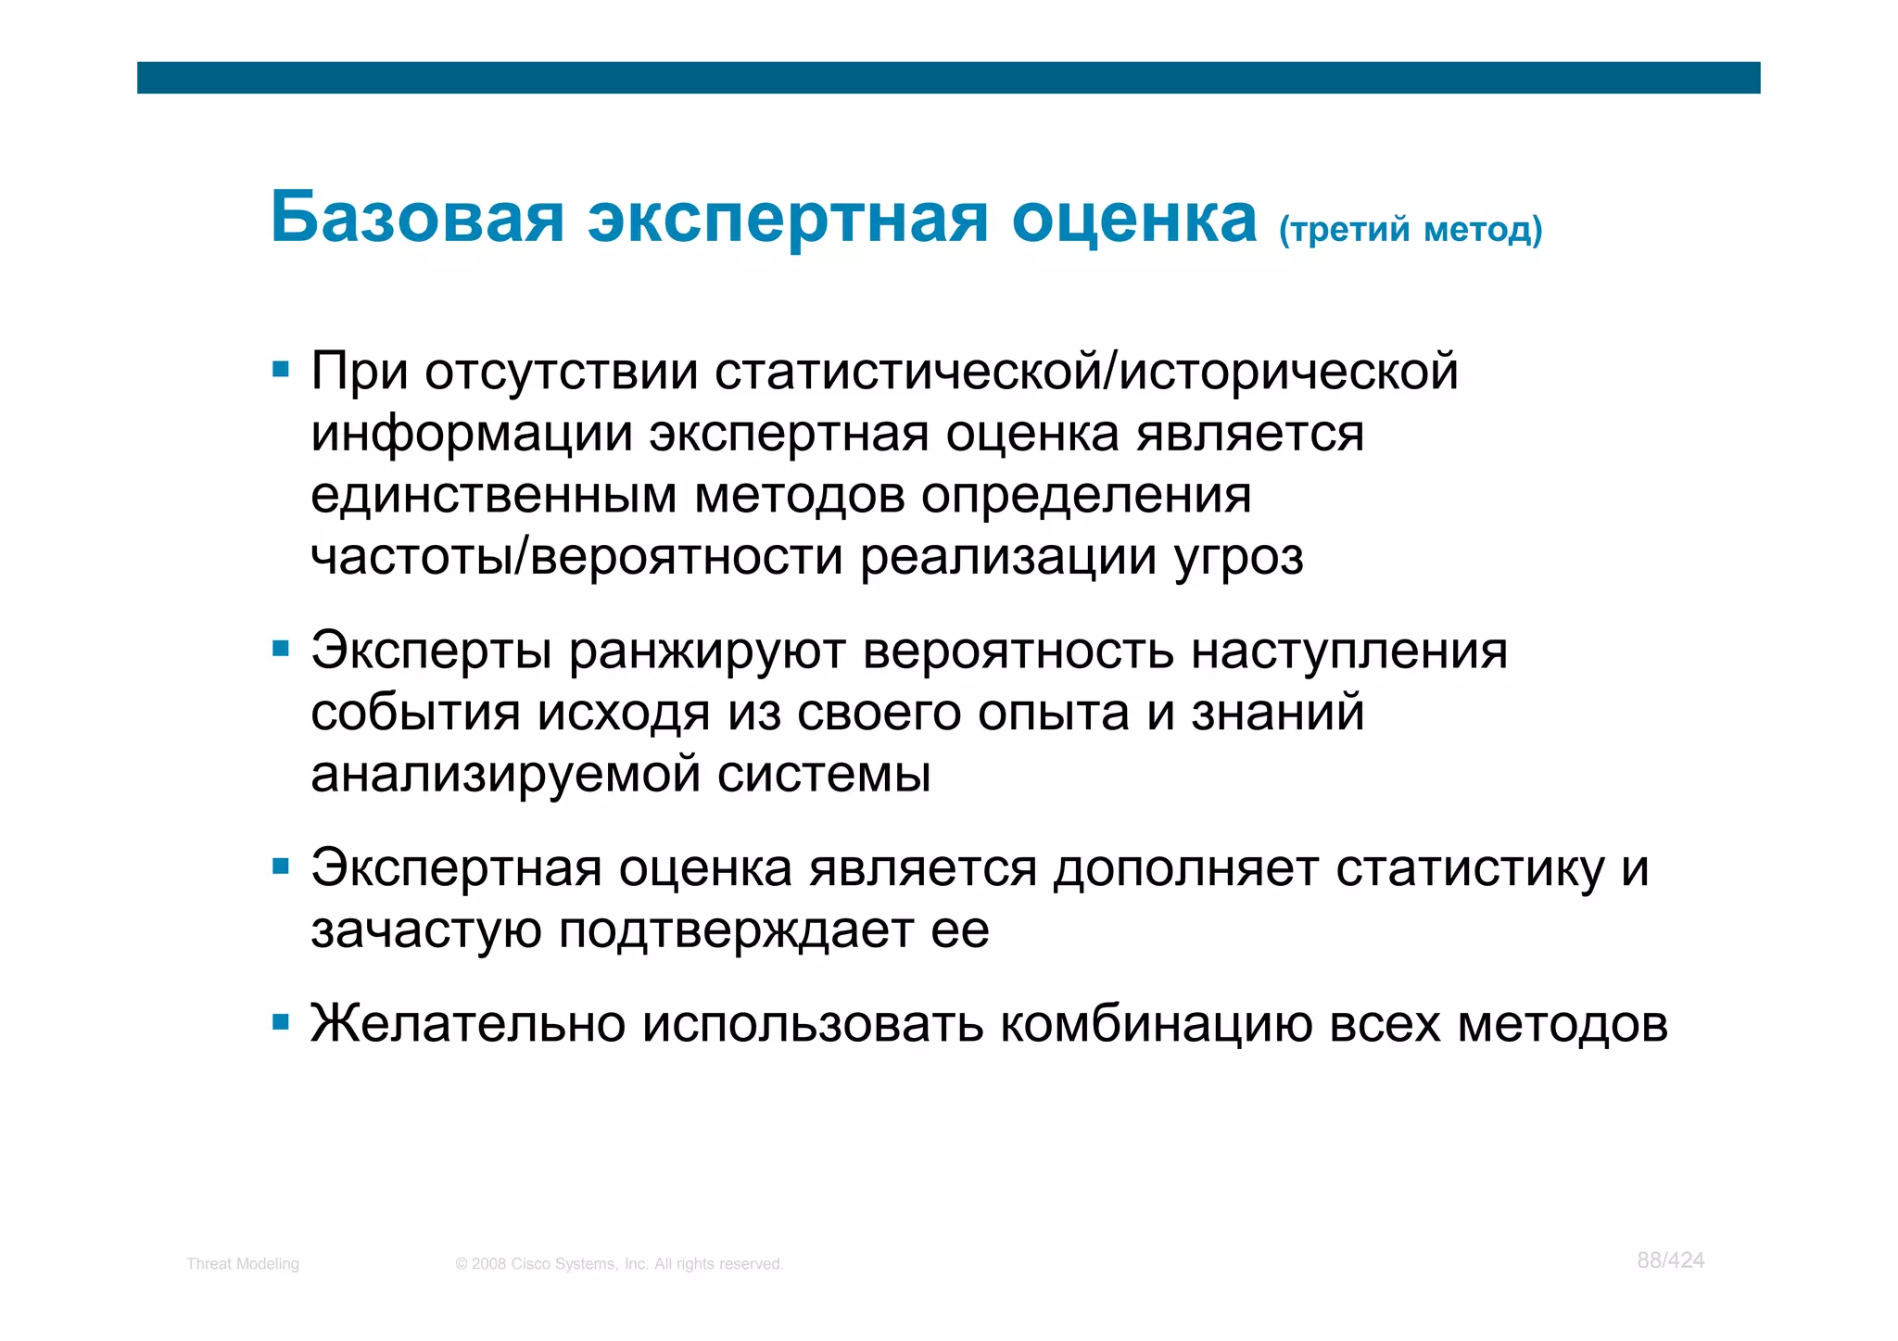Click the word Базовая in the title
point(417,219)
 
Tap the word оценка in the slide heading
point(1133,219)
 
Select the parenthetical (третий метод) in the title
point(1410,229)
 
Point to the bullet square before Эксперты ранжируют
point(281,648)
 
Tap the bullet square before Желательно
point(281,1023)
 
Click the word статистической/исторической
point(1086,372)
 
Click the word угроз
point(1238,557)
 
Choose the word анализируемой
point(505,775)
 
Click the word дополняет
point(1185,869)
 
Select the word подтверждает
point(736,930)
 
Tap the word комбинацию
point(1156,1025)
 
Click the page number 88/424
point(1670,1260)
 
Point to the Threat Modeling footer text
point(243,1264)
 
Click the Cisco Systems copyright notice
point(619,1264)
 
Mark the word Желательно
point(468,1025)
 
